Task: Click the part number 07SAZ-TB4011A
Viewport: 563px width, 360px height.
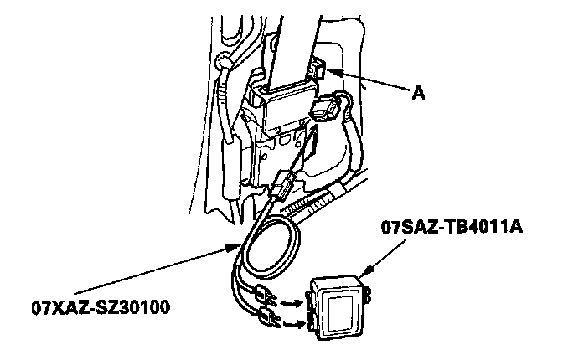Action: [452, 227]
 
